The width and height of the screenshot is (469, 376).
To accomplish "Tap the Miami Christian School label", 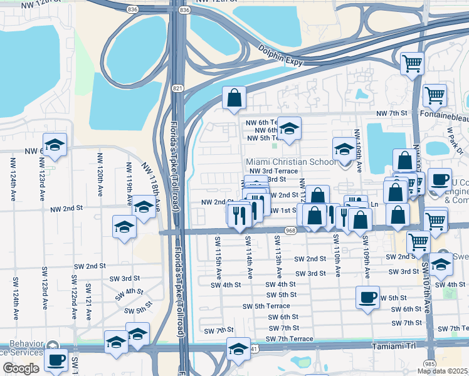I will coord(290,162).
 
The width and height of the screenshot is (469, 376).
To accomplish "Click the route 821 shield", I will coord(178,88).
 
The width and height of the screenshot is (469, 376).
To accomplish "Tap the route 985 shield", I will coord(429,363).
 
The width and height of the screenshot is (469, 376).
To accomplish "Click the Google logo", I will coord(21,368).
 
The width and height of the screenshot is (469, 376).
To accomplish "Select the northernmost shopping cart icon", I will coord(412,63).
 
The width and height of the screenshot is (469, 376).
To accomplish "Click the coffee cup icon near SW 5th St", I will coord(367,296).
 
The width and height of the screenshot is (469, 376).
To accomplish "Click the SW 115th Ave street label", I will coord(219,258).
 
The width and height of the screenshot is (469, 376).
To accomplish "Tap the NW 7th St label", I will coord(392,113).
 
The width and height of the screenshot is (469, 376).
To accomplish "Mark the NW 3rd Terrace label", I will coord(273,171).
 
